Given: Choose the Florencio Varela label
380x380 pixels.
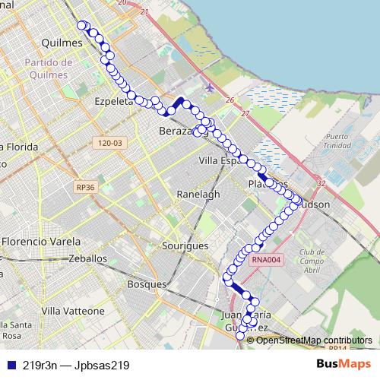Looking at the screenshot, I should pyautogui.click(x=42, y=241).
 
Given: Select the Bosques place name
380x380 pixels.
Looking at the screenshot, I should pyautogui.click(x=147, y=284).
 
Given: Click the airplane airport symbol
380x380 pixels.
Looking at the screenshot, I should pyautogui.click(x=210, y=87).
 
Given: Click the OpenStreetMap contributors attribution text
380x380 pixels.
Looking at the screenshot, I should pyautogui.click(x=314, y=340).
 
